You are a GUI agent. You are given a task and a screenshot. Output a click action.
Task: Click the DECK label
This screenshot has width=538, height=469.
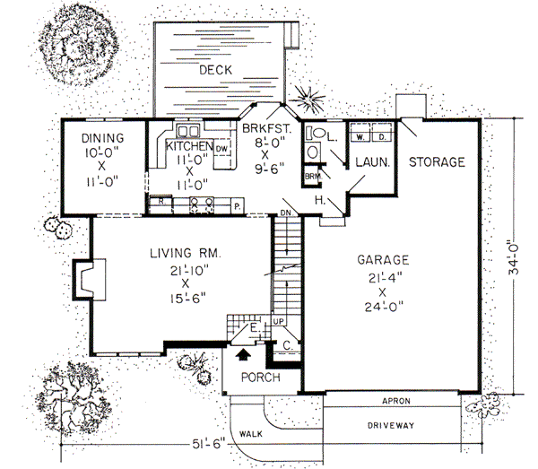point(217,69)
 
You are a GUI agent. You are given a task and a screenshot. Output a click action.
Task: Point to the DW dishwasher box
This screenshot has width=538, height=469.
point(222,147)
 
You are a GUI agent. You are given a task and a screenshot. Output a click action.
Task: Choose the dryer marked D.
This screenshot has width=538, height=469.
point(380,137)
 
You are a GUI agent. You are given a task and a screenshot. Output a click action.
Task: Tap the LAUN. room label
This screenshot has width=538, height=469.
point(370,164)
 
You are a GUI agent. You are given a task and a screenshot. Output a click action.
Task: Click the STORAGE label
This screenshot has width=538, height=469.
point(437,162)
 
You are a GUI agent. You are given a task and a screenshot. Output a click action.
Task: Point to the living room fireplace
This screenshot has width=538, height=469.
point(91,277)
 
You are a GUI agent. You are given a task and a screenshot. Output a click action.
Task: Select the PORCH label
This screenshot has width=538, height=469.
point(260,377)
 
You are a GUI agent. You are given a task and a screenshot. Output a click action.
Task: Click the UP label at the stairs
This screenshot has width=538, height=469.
point(278,320)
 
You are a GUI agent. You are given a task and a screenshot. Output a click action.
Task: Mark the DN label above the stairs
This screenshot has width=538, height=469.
point(286,212)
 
